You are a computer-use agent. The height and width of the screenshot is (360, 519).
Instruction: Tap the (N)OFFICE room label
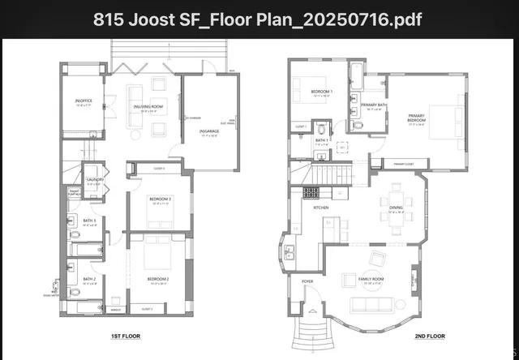tap(84, 102)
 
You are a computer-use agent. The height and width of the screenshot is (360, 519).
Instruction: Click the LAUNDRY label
tap(96, 181)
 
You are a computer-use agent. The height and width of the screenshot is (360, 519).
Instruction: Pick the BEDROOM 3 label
tap(157, 199)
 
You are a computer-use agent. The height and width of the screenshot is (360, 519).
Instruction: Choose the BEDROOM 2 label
tap(157, 279)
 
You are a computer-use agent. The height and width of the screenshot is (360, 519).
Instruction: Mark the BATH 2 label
tap(89, 280)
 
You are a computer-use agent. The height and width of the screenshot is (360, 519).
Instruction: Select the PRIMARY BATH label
tap(373, 105)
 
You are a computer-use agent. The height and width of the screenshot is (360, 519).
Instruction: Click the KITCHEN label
tap(320, 208)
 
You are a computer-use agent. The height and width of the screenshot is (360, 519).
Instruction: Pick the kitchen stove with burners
tap(311, 193)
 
